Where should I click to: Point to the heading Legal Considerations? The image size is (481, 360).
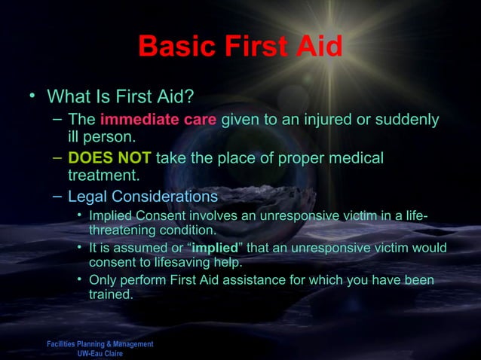142,197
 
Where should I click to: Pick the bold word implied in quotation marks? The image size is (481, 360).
192,249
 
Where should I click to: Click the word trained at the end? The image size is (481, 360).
110,295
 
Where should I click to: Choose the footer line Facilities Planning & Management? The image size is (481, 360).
100,344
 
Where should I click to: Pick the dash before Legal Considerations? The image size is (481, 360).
58,197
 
